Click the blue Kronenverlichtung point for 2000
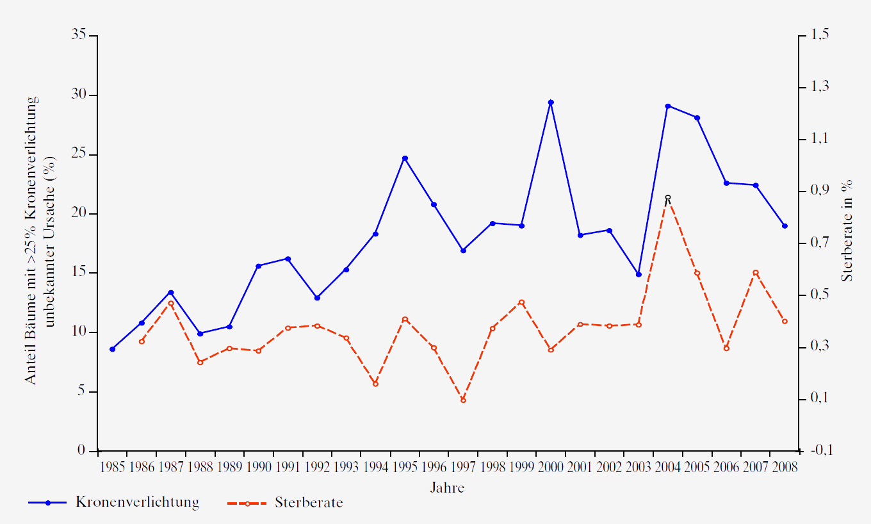(551, 102)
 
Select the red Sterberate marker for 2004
(667, 198)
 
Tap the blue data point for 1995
(405, 158)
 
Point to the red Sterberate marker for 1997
(463, 400)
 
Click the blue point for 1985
(112, 349)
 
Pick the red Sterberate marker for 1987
(171, 303)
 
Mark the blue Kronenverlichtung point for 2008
(785, 226)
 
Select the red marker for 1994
(375, 384)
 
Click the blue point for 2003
(639, 274)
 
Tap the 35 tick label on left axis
(79, 35)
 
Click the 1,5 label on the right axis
(820, 35)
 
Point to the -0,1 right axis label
(820, 450)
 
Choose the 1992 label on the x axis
(317, 467)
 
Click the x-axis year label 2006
(726, 467)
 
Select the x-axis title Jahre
(447, 488)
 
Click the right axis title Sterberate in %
(847, 231)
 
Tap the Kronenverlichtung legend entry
(136, 502)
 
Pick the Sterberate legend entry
(309, 502)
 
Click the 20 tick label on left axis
(79, 213)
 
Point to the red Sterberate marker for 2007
(756, 273)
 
